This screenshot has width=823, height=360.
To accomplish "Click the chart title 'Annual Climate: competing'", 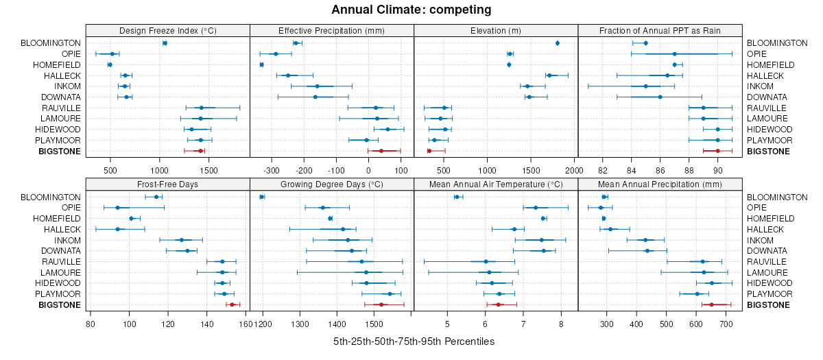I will tap(411, 10).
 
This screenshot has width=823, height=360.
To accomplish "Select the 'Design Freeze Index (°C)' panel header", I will tap(167, 30).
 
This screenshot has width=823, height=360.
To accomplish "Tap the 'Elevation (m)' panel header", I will tap(496, 30).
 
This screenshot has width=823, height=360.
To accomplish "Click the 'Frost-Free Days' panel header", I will tap(167, 184).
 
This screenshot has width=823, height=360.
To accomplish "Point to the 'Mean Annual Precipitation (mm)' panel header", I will tap(660, 184).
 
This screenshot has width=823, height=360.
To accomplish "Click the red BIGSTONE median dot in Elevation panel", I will tap(429, 151).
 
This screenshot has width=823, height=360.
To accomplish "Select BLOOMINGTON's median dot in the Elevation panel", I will tap(558, 43).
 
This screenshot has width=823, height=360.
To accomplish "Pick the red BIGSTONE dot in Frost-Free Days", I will tap(232, 304).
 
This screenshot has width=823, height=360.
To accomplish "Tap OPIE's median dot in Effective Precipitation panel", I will tap(276, 53).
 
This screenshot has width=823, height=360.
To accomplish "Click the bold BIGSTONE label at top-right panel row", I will tap(767, 151).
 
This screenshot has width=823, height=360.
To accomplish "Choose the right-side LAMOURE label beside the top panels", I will tap(765, 119).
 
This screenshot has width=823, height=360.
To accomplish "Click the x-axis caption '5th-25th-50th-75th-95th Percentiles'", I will tap(414, 341).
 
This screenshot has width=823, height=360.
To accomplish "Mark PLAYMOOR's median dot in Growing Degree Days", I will tap(390, 293).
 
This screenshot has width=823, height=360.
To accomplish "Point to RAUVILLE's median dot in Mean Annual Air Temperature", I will tap(486, 261).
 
